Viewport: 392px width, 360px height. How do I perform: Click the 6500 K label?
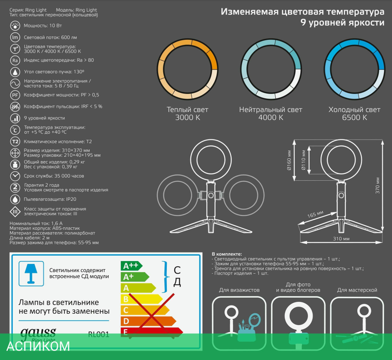354,118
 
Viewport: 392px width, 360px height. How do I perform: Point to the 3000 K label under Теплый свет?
187,118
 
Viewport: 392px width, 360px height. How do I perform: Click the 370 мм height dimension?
377,185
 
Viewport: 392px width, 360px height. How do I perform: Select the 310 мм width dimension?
341,238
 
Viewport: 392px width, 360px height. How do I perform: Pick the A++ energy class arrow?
131,266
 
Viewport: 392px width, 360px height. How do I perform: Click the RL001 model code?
98,335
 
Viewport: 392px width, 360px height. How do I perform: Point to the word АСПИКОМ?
38,346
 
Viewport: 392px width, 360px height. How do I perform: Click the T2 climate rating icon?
15,142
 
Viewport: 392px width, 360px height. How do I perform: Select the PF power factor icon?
15,95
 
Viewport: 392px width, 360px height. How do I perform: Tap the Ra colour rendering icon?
15,60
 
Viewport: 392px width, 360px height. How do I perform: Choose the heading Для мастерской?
357,290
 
